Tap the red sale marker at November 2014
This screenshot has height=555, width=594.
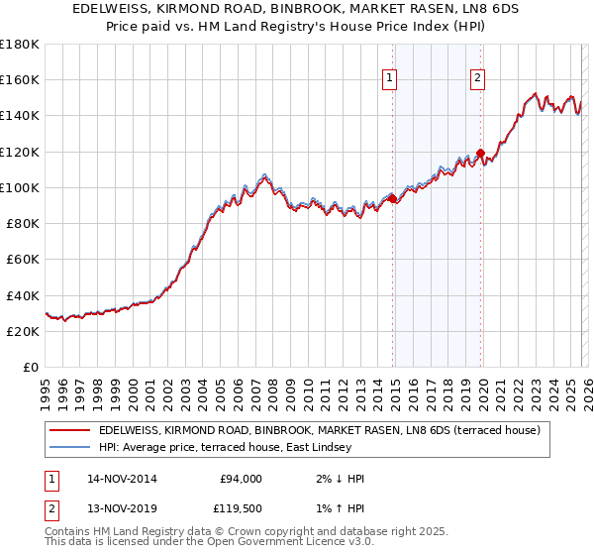click(393, 199)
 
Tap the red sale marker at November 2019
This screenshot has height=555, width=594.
click(480, 154)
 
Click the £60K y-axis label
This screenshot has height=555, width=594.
click(23, 260)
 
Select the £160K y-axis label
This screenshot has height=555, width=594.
click(20, 79)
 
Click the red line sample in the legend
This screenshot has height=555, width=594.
click(69, 431)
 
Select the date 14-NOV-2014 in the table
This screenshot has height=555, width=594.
click(122, 479)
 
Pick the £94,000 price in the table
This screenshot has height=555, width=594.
click(240, 479)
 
